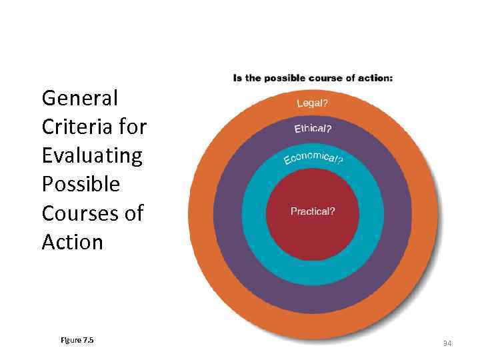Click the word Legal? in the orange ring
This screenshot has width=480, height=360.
[312, 103]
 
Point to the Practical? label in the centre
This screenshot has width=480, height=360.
[313, 211]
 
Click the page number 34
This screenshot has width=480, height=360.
[447, 343]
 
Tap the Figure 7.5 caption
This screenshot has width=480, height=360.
[77, 340]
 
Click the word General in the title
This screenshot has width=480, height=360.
[79, 98]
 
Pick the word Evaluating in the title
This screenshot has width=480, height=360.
[92, 155]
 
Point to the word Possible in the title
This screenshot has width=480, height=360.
[81, 184]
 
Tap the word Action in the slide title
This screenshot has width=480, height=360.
[72, 241]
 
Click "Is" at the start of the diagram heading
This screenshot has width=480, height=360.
[237, 78]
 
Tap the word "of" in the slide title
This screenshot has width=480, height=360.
[133, 213]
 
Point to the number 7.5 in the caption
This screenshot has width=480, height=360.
[88, 340]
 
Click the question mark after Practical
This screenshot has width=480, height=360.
[333, 211]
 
